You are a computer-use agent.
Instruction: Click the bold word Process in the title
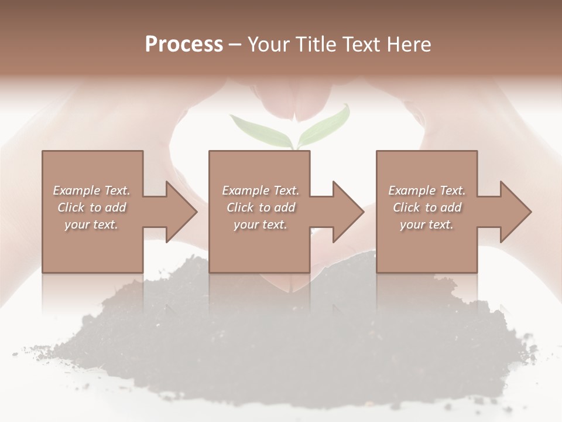click(x=184, y=44)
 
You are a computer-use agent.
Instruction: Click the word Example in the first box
click(x=76, y=190)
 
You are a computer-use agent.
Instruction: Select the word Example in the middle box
click(x=245, y=190)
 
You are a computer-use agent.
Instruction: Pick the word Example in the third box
click(x=412, y=190)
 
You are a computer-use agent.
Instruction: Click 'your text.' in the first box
click(x=91, y=224)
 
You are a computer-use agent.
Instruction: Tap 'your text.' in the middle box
click(x=260, y=224)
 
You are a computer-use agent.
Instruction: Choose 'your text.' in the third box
click(x=427, y=224)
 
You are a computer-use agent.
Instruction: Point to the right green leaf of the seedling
click(x=325, y=124)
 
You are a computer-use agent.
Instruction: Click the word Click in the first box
click(x=71, y=207)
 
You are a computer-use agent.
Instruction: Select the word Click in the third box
click(x=406, y=207)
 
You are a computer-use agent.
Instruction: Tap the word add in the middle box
click(x=285, y=207)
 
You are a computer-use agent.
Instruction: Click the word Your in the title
click(x=268, y=44)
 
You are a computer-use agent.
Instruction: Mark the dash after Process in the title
click(x=235, y=45)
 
